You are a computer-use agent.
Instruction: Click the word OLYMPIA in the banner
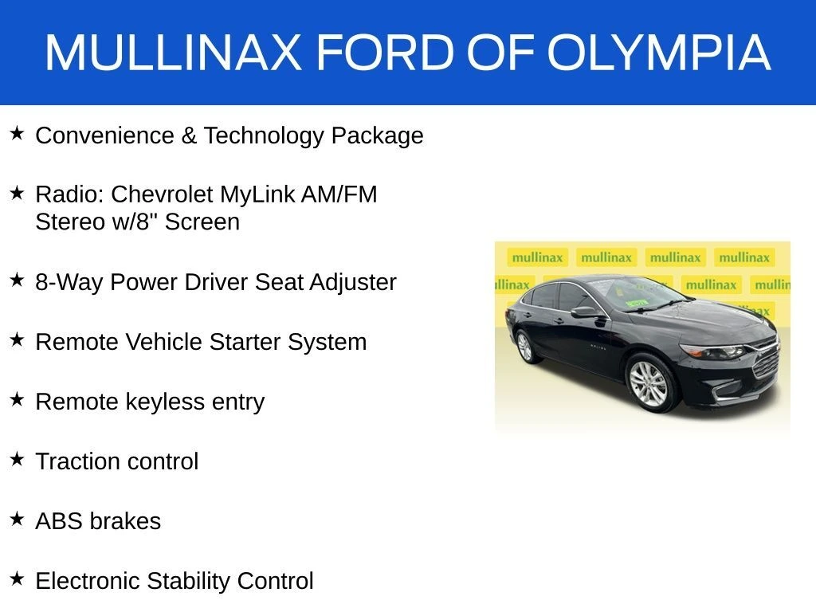coord(659,52)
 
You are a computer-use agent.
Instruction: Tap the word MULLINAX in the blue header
coord(173,52)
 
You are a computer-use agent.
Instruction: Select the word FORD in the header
coord(386,52)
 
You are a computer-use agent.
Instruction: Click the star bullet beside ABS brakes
coord(17,519)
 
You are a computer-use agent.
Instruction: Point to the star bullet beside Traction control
coord(17,459)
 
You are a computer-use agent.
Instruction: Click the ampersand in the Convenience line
coord(188,136)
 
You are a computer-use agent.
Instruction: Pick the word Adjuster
coord(352,283)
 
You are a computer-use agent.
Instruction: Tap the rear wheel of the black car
coord(526,347)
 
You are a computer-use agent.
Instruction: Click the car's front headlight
coord(714,352)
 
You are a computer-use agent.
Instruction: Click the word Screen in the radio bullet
coord(202,222)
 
